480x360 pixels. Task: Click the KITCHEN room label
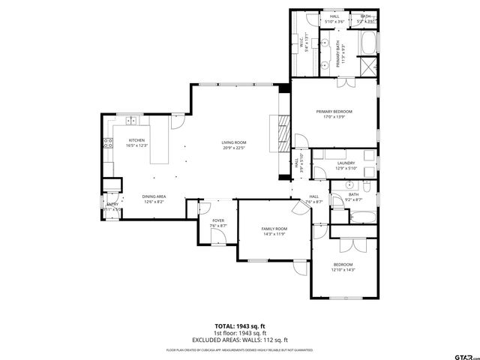point(136,140)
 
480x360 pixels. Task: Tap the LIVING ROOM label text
point(234,142)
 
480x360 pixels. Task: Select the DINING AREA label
point(154,196)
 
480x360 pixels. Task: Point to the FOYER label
point(217,220)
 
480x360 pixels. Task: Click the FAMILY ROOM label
point(274,229)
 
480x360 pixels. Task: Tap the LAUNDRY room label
point(346,163)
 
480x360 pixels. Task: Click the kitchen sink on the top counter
point(131,120)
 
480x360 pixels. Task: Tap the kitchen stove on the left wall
point(107,142)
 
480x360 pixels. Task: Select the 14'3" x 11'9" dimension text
point(274,234)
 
